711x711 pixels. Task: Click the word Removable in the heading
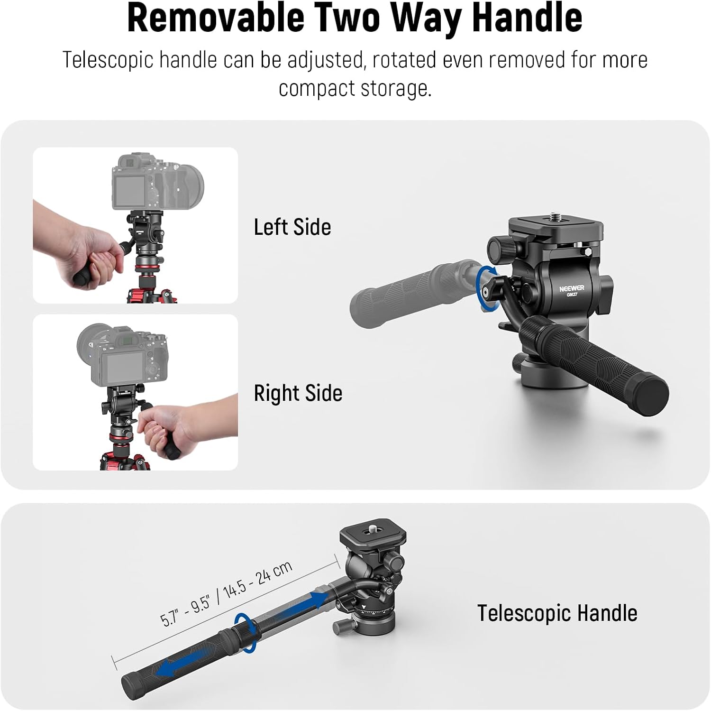coord(216,18)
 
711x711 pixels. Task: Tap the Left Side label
coord(292,227)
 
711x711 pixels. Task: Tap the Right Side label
coord(298,394)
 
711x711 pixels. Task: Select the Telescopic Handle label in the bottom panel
coord(557,613)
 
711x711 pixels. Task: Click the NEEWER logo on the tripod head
coord(572,288)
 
